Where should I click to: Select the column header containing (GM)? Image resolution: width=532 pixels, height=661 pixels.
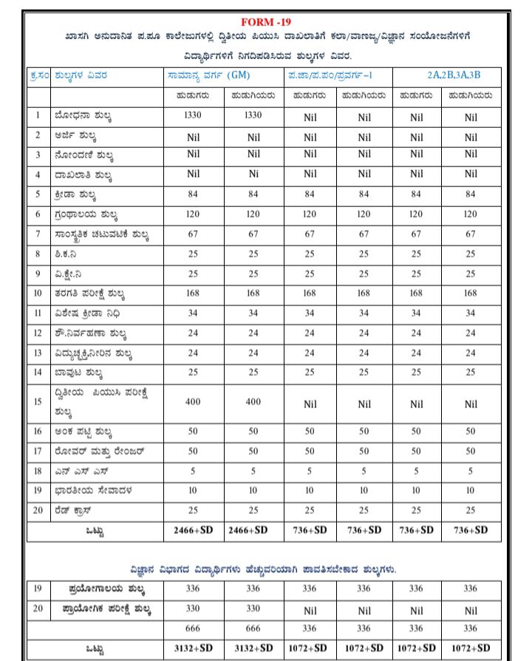[x=209, y=75]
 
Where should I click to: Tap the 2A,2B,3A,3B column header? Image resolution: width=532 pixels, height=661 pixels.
[x=453, y=75]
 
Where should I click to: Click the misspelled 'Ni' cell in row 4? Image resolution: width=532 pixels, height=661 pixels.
[x=253, y=174]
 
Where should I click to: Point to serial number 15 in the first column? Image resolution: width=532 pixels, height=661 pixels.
[x=38, y=401]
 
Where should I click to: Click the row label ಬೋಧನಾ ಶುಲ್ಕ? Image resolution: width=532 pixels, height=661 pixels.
[x=83, y=116]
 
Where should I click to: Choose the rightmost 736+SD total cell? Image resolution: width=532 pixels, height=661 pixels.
[x=471, y=530]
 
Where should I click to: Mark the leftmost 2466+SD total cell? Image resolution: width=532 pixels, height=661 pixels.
[x=194, y=530]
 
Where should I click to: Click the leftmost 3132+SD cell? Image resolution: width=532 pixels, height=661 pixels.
[x=194, y=648]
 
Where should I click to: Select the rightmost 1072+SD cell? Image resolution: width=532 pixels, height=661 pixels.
[x=471, y=648]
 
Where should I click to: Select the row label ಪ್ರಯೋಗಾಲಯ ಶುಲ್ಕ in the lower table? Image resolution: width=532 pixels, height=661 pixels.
[x=103, y=589]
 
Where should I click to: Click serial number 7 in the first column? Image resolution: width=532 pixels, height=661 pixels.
[x=38, y=235]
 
